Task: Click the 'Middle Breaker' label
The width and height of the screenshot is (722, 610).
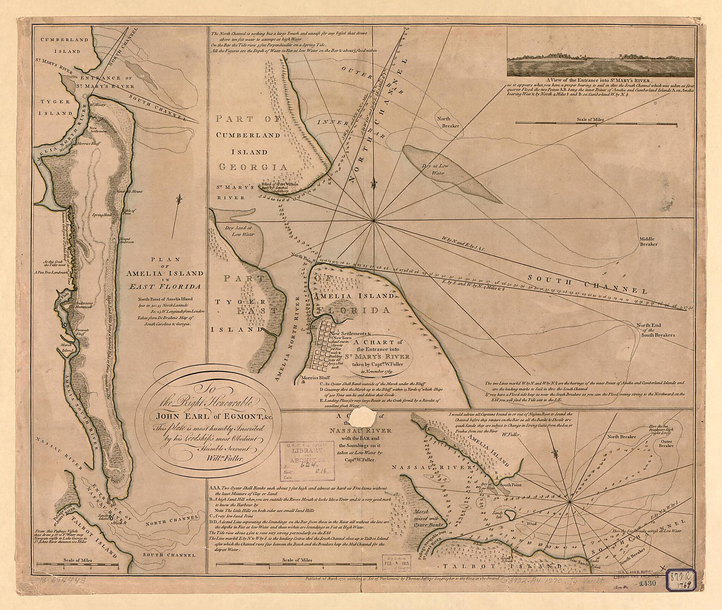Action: (648, 241)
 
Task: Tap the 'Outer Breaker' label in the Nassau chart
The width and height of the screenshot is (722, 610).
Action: (666, 443)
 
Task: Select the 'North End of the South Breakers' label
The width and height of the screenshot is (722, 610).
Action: (657, 330)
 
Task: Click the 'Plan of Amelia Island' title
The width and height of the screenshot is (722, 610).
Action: (168, 273)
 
